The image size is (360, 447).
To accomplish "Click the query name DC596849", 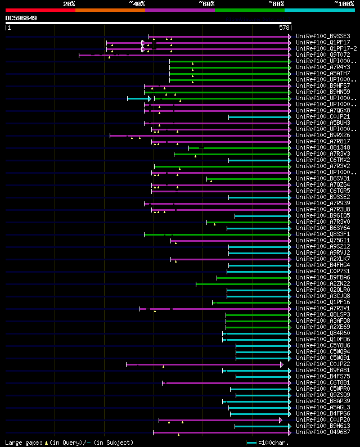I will [x=21, y=18].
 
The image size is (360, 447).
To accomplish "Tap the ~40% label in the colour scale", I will [x=137, y=4].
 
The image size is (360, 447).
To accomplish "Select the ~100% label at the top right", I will [x=344, y=4].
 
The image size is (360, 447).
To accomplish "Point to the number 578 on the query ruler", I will [x=284, y=27].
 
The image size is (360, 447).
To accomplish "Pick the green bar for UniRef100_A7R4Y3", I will [x=229, y=67].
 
